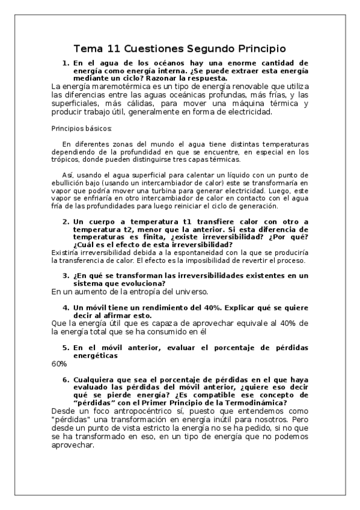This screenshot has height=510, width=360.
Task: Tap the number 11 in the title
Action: click(x=115, y=48)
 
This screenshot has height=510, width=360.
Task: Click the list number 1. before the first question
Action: click(x=66, y=62)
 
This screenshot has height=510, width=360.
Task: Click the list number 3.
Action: click(x=66, y=276)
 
